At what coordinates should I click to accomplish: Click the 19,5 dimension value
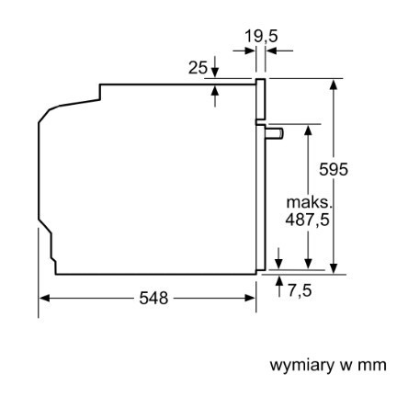[261, 37]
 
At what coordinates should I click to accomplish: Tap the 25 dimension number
[198, 68]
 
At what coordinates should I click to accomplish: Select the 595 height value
[334, 169]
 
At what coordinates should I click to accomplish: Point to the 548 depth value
[153, 298]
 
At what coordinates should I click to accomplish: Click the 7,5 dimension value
[300, 290]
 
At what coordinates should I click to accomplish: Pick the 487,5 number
[307, 220]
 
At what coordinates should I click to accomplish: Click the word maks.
[309, 203]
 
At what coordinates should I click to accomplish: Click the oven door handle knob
[275, 134]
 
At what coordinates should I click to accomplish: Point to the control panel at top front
[260, 99]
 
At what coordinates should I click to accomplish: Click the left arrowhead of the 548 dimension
[44, 298]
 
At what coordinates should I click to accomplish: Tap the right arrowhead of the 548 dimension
[250, 298]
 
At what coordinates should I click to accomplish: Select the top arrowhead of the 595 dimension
[334, 85]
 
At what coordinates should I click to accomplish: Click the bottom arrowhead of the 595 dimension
[334, 268]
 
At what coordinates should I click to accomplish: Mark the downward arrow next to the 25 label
[215, 67]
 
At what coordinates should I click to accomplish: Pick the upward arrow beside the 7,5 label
[279, 286]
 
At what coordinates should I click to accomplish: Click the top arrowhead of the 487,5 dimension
[309, 130]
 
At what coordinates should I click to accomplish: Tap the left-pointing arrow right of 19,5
[279, 51]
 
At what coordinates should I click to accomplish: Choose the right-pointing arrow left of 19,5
[244, 51]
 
